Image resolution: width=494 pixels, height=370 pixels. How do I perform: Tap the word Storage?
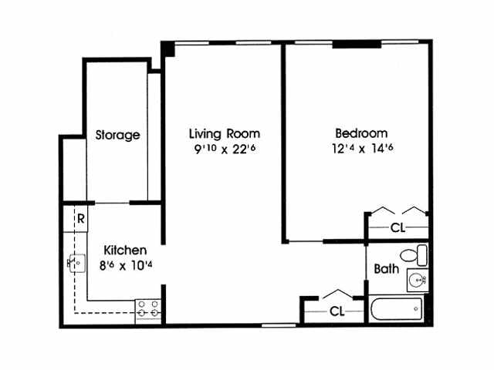(x=117, y=135)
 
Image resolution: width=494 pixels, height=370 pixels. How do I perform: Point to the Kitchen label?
(x=125, y=251)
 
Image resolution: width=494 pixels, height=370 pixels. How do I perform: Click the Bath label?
(x=385, y=270)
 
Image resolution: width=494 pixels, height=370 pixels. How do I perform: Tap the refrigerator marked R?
(x=80, y=217)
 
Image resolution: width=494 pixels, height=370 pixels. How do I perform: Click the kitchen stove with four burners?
(x=148, y=310)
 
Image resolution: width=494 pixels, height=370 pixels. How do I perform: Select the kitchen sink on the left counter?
(x=76, y=264)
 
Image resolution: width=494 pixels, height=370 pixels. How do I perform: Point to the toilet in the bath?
(x=412, y=255)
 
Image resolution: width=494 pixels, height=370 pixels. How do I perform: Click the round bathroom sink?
(x=418, y=280)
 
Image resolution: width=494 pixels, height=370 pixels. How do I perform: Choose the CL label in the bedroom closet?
(x=398, y=228)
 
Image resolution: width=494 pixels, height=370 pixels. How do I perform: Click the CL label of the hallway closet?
(x=337, y=311)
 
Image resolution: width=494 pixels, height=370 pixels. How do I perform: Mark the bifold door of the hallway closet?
(x=337, y=294)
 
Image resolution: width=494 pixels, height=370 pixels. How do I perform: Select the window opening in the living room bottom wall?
(x=278, y=325)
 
